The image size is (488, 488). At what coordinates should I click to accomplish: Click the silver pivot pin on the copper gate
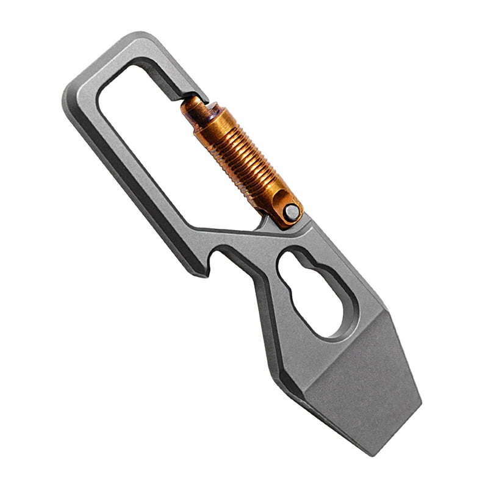(292, 212)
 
